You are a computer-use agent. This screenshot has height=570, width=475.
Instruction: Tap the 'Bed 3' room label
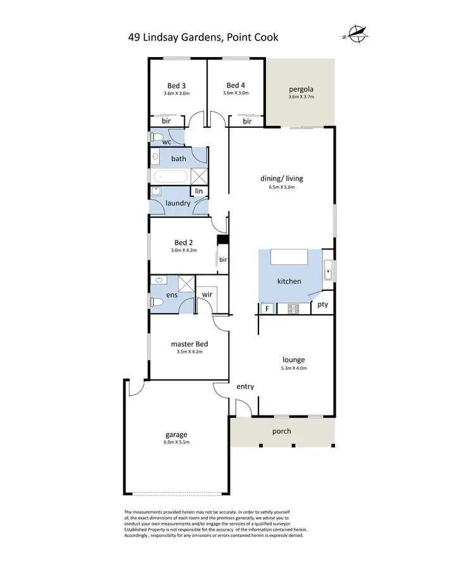(176, 85)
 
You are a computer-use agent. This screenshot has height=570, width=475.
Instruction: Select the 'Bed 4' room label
(236, 85)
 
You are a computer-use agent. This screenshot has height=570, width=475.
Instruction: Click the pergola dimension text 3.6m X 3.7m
(301, 98)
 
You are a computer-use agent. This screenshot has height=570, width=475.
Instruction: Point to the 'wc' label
(167, 142)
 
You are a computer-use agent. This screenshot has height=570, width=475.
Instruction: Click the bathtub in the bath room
(170, 176)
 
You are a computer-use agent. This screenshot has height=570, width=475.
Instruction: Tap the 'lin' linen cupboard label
(199, 191)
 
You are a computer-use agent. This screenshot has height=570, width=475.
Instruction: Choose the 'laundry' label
(178, 203)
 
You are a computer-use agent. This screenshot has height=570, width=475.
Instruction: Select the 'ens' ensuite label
(171, 295)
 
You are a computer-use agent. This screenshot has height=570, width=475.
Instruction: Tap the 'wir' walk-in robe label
(207, 294)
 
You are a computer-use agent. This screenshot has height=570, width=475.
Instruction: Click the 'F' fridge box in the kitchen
(267, 308)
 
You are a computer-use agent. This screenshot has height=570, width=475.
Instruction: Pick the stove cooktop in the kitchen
(294, 308)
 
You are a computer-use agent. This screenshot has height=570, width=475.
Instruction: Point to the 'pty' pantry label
(322, 305)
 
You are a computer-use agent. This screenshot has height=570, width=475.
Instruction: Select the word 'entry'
(245, 386)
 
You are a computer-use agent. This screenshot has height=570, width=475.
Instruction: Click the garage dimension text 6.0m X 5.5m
(177, 442)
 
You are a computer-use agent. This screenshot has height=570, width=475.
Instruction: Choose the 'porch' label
(281, 431)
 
